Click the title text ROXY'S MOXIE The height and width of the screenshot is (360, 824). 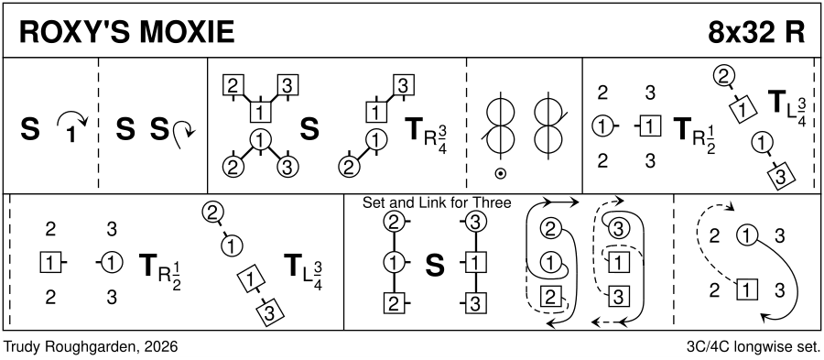126,33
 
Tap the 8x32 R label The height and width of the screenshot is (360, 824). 756,33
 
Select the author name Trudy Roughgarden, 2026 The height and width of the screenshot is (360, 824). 91,346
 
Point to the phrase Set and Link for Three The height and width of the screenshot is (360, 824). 437,202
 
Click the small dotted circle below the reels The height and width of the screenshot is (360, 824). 499,173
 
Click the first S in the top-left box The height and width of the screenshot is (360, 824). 30,132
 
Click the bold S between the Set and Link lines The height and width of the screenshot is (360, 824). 435,266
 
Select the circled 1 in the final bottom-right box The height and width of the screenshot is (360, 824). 748,235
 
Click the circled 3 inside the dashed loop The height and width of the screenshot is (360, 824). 618,228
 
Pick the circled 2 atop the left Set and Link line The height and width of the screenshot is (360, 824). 394,223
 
